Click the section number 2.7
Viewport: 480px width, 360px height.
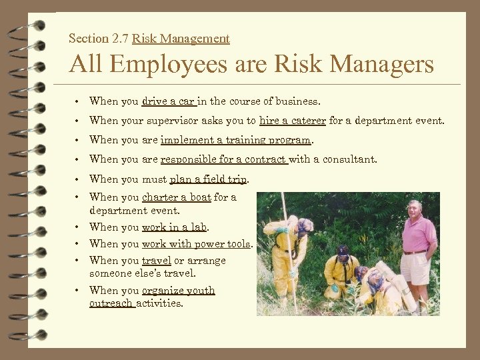(x=121, y=39)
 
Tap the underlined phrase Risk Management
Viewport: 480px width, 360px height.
(x=181, y=39)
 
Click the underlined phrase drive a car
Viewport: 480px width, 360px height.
(x=169, y=101)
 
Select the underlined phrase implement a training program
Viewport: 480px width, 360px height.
(x=235, y=140)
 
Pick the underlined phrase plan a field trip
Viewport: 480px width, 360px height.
(x=209, y=179)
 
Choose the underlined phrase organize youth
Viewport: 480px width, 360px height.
(x=179, y=291)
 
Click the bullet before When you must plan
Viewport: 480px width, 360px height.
(x=79, y=179)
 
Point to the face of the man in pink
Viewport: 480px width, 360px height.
(x=415, y=209)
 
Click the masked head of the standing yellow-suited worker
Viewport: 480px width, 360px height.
(x=304, y=226)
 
